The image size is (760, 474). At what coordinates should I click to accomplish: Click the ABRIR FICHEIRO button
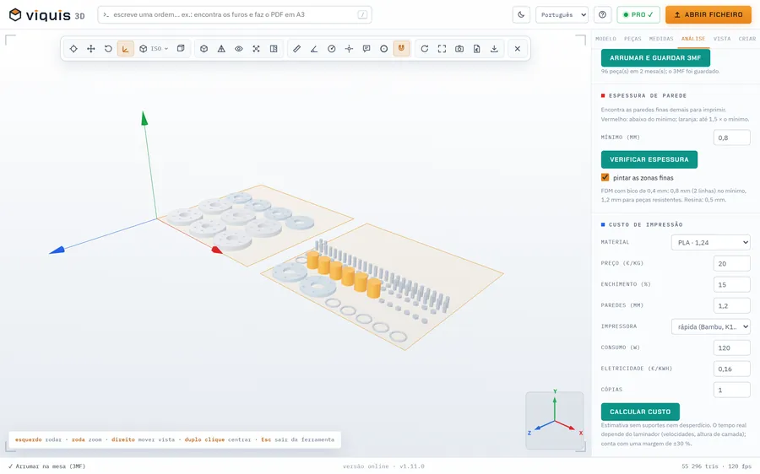click(x=708, y=14)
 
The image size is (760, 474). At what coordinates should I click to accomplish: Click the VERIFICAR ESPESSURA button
click(x=649, y=159)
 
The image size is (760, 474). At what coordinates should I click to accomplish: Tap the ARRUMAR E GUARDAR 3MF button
click(x=655, y=57)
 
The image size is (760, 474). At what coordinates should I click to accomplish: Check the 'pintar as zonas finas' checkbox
click(x=605, y=177)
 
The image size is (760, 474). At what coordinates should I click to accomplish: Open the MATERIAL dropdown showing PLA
click(x=710, y=243)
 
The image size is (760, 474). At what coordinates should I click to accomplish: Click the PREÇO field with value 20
click(x=731, y=263)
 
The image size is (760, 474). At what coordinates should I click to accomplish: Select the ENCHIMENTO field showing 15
click(x=731, y=285)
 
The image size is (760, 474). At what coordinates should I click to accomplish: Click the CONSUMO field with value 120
click(x=731, y=347)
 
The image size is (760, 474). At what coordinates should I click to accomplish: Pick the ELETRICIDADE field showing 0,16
click(x=731, y=369)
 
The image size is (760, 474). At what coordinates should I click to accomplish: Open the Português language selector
click(x=562, y=14)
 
